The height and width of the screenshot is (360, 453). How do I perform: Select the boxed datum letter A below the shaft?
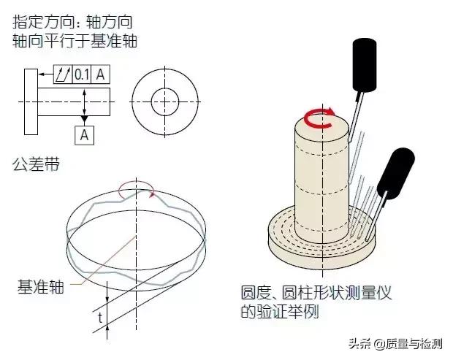(84, 134)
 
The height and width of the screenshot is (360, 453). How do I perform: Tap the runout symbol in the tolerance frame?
(64, 74)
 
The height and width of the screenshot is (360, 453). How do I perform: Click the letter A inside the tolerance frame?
(101, 74)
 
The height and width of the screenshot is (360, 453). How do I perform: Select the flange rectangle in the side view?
(31, 102)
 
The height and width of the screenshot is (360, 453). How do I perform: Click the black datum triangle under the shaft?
(84, 117)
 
